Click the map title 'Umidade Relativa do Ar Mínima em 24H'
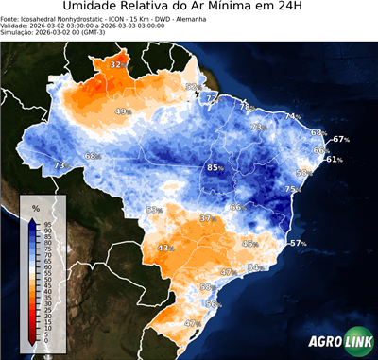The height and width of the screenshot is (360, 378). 189,8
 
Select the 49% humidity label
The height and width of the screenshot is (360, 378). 123,111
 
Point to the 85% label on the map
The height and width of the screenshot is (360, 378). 216,168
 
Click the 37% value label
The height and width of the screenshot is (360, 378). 208,218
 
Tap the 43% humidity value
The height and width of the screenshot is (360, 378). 166,248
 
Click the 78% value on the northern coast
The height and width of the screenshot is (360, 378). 247,107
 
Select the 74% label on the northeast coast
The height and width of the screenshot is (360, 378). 293,117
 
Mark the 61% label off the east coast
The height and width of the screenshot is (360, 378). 332,159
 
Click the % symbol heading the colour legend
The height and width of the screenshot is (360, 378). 35,207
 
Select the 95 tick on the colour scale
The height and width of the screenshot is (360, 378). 47,223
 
